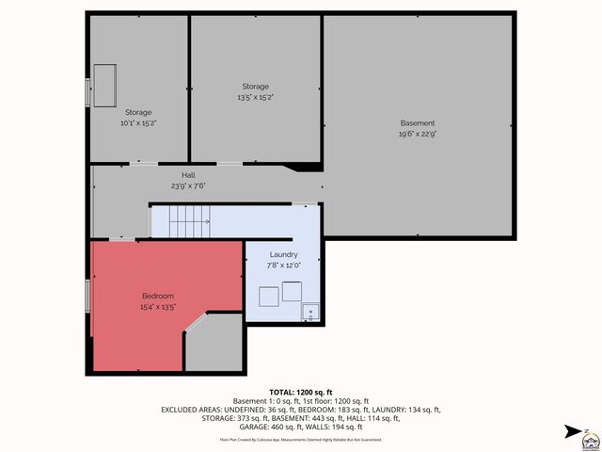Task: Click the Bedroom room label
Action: (x=158, y=297)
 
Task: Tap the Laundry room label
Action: (x=283, y=254)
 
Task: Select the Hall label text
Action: (x=188, y=175)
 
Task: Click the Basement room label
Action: (x=418, y=123)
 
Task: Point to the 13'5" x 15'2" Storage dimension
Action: (x=255, y=97)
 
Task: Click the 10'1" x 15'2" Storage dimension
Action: (x=137, y=122)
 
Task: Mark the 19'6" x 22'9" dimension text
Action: (x=418, y=134)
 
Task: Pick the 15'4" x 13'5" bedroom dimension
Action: (x=158, y=307)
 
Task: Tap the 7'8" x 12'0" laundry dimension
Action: (x=283, y=266)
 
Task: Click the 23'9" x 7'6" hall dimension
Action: (x=188, y=186)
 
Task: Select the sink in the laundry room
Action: (x=310, y=312)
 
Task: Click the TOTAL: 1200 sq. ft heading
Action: (x=300, y=391)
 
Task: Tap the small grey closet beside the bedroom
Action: (x=214, y=344)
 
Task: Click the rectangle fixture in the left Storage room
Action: (x=103, y=86)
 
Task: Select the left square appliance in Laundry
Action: (x=267, y=296)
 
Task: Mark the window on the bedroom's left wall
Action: (x=88, y=294)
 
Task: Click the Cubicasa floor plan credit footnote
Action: (x=300, y=439)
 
